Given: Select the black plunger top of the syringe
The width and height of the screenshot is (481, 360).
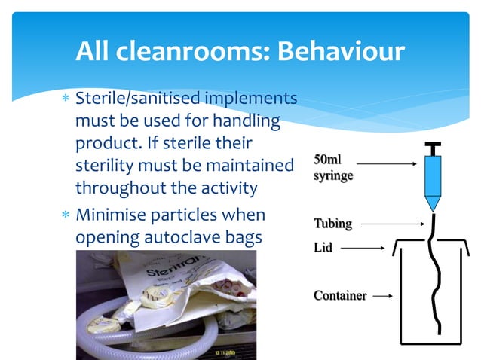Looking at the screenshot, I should click(x=432, y=144).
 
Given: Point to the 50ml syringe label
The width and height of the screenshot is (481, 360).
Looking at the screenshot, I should click(x=332, y=168).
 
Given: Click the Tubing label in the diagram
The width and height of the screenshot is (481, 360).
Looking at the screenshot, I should click(x=332, y=224).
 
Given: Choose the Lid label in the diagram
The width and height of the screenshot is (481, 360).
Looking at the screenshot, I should click(x=322, y=246).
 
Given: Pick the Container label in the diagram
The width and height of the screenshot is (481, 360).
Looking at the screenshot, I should click(x=340, y=295).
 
